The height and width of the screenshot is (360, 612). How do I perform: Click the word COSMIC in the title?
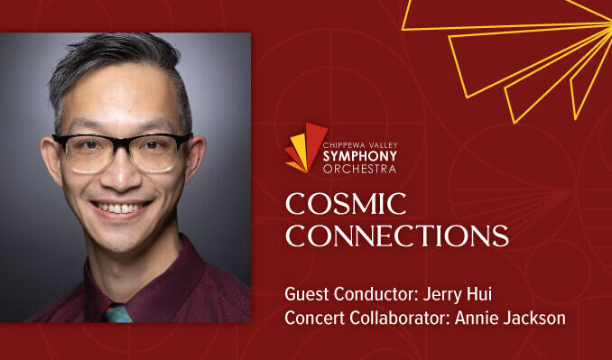tap(346, 203)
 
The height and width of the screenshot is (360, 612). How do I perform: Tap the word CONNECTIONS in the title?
tap(397, 235)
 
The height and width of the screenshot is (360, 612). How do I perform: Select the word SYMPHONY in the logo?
tap(359, 156)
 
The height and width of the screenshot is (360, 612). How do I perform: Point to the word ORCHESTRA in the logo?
tap(359, 169)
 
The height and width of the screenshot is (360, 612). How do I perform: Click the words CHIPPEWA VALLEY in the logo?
tap(360, 145)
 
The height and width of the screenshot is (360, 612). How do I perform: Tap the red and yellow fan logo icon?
tap(306, 147)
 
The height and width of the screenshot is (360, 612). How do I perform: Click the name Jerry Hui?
tap(457, 294)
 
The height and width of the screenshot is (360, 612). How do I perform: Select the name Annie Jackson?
tap(510, 318)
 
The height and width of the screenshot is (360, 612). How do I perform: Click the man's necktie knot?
tap(117, 314)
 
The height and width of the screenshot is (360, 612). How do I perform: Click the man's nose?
tap(121, 171)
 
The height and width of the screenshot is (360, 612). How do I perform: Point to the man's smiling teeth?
tap(120, 208)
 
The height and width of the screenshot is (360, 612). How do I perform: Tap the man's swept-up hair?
tap(117, 59)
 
